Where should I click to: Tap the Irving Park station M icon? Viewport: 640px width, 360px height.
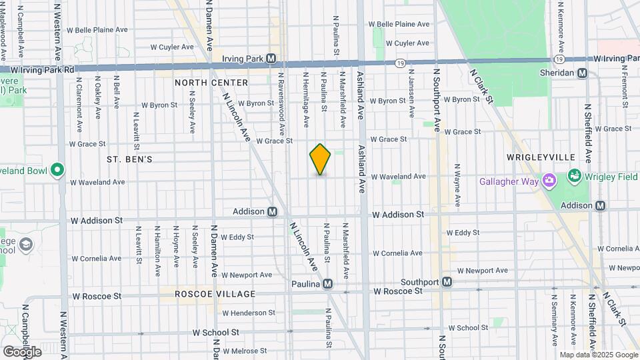[271, 58]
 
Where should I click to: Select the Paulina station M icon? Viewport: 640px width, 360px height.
[327, 284]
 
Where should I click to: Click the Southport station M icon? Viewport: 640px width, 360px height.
[447, 282]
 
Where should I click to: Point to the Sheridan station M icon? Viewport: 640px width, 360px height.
[582, 73]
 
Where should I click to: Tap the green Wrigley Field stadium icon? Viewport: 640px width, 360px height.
[573, 176]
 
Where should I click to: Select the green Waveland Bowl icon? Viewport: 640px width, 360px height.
[57, 171]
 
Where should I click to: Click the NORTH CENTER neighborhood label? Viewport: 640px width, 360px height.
[211, 83]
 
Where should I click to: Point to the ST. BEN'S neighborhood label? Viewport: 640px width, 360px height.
[130, 160]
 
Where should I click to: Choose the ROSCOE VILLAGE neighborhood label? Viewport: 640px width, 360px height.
[215, 294]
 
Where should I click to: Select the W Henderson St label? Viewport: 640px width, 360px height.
[249, 313]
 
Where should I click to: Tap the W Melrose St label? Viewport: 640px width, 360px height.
[249, 351]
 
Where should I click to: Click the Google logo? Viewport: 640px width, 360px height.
[22, 351]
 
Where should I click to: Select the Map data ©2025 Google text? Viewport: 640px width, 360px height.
[598, 355]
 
